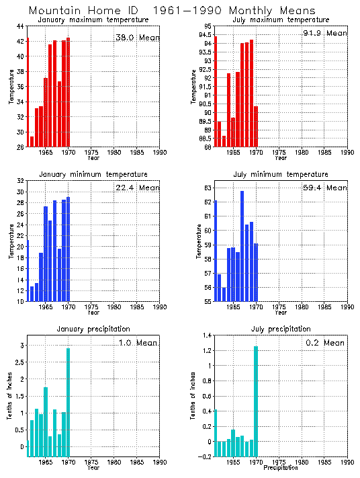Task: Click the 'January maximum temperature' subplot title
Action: pyautogui.click(x=93, y=20)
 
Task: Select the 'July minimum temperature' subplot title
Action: pyautogui.click(x=281, y=175)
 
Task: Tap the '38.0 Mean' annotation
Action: pyautogui.click(x=138, y=38)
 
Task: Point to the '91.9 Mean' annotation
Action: pyautogui.click(x=325, y=33)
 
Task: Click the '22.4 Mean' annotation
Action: pyautogui.click(x=138, y=188)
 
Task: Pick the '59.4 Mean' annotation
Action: pyautogui.click(x=325, y=188)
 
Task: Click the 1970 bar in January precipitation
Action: pyautogui.click(x=69, y=402)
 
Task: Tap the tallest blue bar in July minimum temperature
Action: pyautogui.click(x=242, y=246)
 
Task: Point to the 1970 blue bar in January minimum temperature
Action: pyautogui.click(x=69, y=249)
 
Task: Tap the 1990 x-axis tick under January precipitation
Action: pyautogui.click(x=160, y=463)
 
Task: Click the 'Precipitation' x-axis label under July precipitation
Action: pyautogui.click(x=281, y=468)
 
